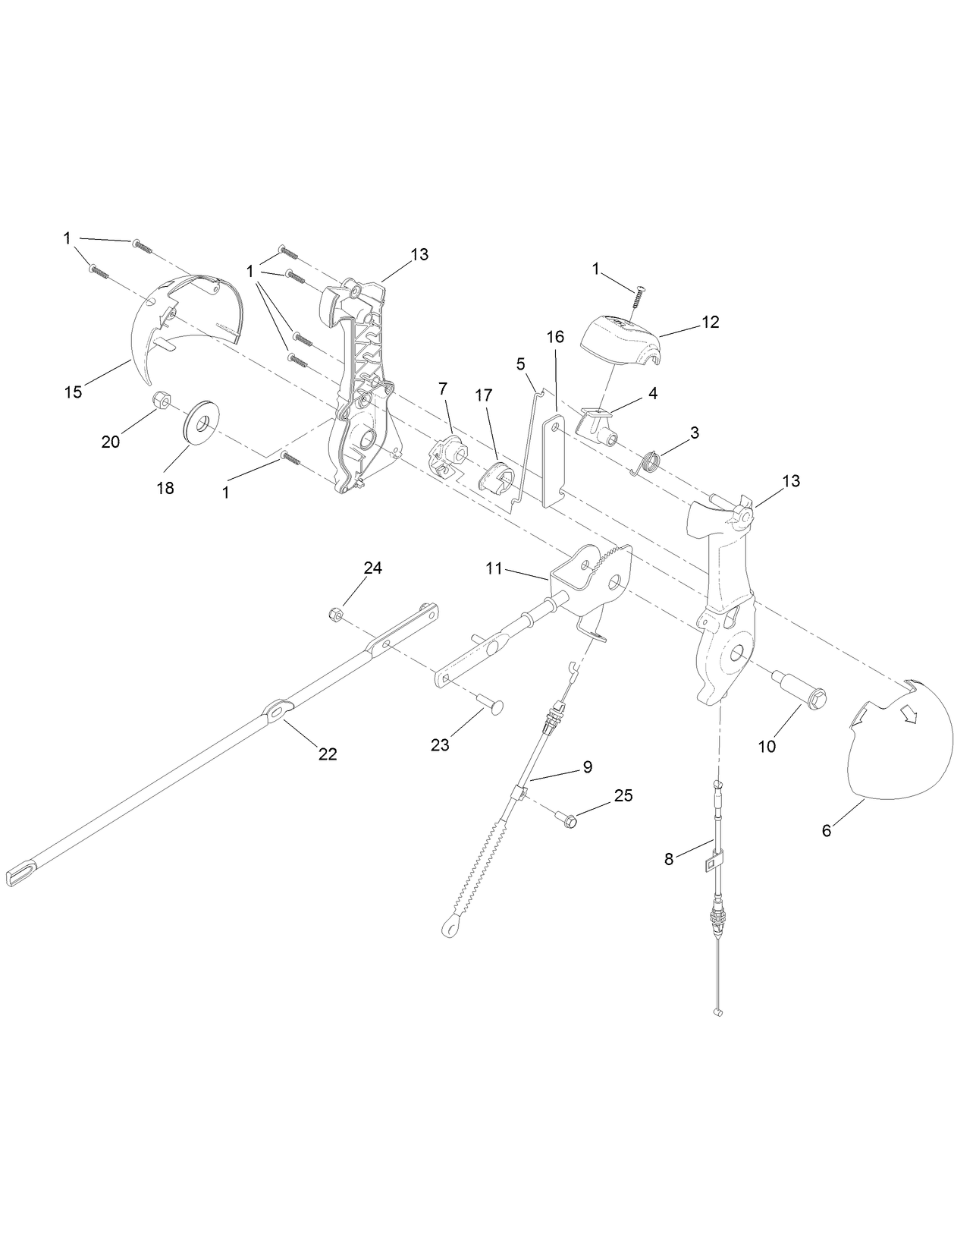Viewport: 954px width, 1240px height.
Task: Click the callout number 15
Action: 73,392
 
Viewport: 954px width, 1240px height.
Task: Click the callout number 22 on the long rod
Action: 328,754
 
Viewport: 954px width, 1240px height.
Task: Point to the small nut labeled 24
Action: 337,613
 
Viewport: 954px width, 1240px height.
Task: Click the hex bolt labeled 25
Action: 568,820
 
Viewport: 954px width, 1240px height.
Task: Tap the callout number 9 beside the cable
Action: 587,766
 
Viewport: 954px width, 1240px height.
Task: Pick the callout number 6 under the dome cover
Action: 827,830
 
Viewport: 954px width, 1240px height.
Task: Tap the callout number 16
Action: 555,336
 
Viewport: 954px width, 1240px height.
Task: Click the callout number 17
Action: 483,395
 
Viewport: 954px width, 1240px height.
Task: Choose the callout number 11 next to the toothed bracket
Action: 494,568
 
